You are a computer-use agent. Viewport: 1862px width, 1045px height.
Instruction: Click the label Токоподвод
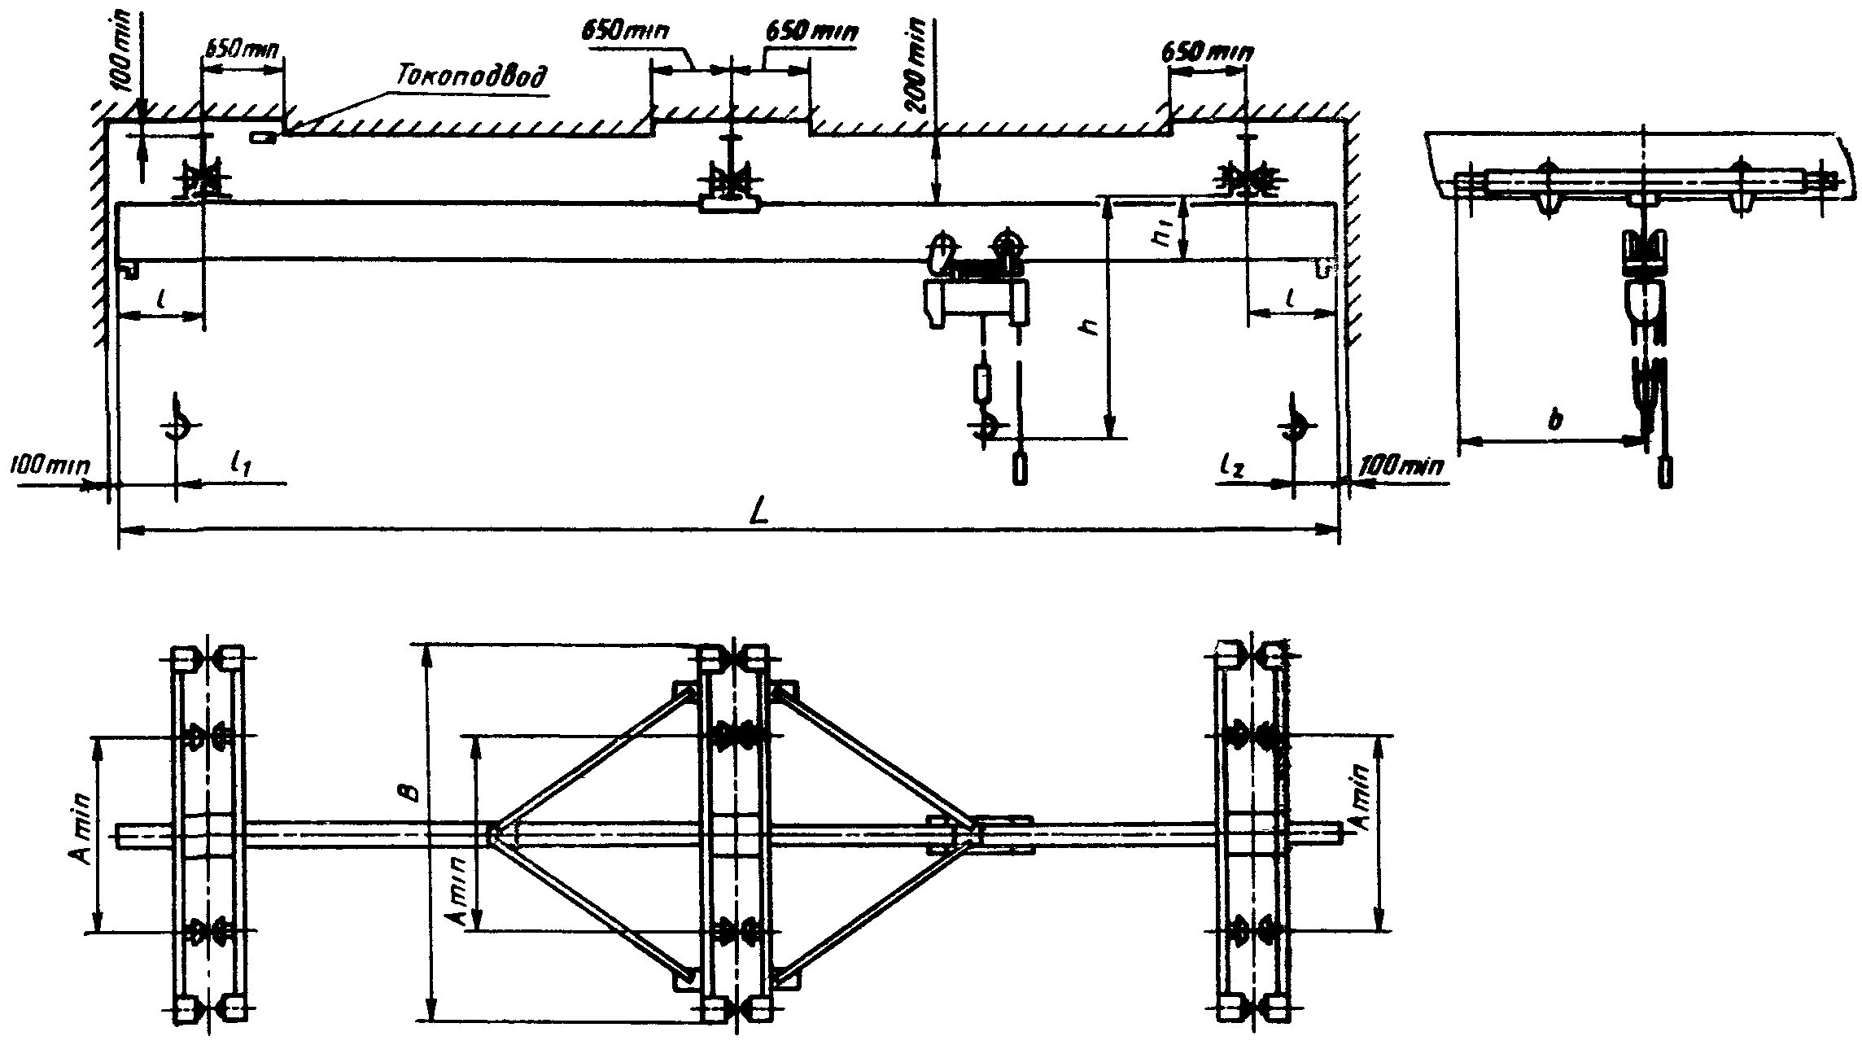point(471,74)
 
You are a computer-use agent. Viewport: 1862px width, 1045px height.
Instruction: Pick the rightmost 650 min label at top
point(1206,51)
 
